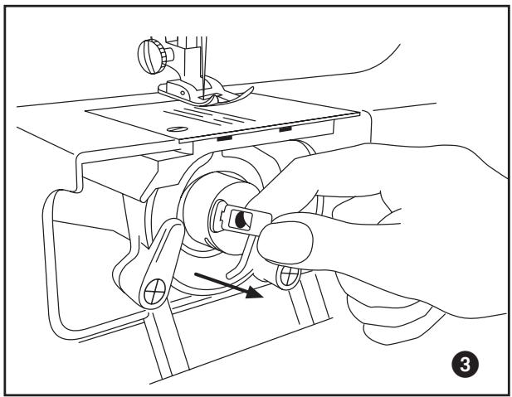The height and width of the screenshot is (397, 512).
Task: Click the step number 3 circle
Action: [x=468, y=361]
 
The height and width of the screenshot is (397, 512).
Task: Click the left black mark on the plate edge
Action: [x=224, y=138]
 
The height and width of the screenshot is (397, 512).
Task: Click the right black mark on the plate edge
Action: [x=285, y=130]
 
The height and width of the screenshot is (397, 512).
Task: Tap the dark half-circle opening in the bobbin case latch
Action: [x=242, y=219]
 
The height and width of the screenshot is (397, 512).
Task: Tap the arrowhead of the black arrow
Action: [x=257, y=291]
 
